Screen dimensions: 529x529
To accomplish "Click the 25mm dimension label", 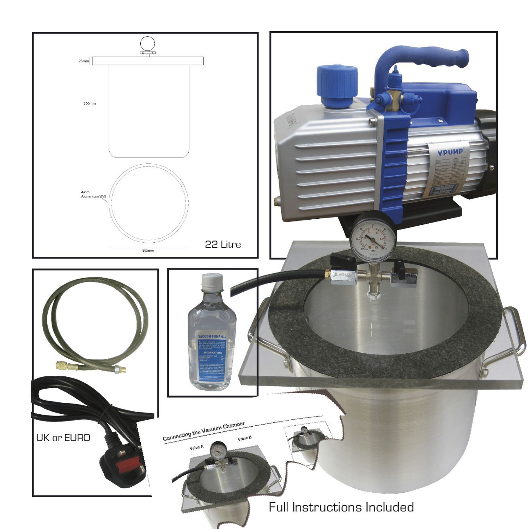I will pos(84,61).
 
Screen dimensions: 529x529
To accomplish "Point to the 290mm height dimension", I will pos(90,104).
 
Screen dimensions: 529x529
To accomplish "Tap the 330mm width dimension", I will pos(148,251).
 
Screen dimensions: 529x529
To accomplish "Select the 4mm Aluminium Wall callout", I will pos(93,195).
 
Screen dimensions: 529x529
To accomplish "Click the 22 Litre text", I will pos(223,244).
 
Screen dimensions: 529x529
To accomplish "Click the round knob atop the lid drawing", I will pos(148,44).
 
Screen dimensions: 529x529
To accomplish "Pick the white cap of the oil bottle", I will pos(212,281).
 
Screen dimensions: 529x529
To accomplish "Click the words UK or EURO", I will pos(63,438).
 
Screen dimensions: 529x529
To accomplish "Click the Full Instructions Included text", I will pos(341,507).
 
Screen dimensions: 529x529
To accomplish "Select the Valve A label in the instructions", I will pos(196,447).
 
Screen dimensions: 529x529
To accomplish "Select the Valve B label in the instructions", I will pos(244,438).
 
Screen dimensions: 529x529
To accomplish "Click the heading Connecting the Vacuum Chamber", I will pos(203,431).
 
